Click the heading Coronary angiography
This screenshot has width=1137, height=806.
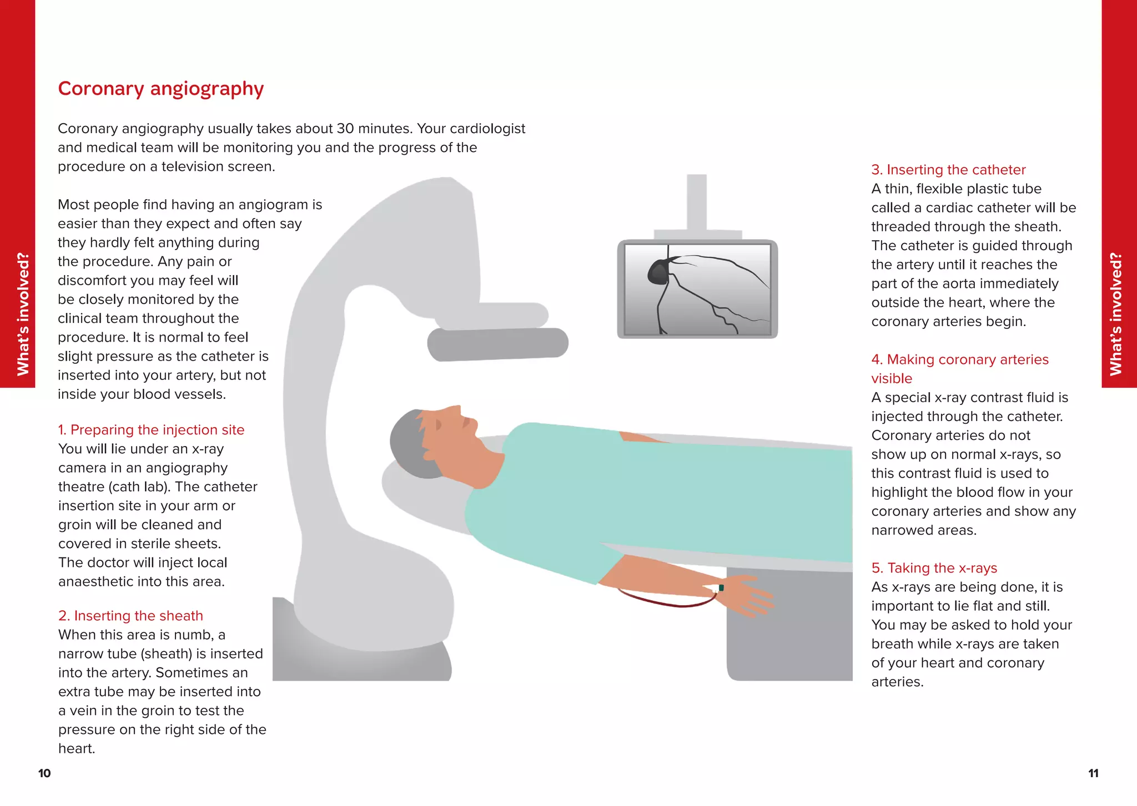(x=160, y=89)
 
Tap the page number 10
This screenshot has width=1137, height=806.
(x=44, y=773)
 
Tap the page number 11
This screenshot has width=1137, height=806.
(x=1093, y=773)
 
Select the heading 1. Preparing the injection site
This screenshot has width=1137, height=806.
(x=151, y=430)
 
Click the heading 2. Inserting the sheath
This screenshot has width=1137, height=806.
(x=130, y=616)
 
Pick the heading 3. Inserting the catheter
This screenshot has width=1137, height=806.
(x=948, y=170)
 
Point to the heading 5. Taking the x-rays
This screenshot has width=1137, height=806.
(x=934, y=568)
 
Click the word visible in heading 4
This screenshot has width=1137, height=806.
(x=891, y=379)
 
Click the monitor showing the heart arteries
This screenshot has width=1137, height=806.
(x=697, y=289)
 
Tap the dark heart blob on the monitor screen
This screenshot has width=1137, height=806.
(x=659, y=272)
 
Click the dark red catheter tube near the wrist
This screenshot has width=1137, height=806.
(x=666, y=602)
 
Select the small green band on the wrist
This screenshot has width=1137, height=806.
(x=721, y=587)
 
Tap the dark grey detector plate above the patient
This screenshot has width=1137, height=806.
(x=497, y=344)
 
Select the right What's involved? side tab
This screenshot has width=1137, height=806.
(x=1116, y=314)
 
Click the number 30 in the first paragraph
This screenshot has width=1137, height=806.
(x=345, y=129)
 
